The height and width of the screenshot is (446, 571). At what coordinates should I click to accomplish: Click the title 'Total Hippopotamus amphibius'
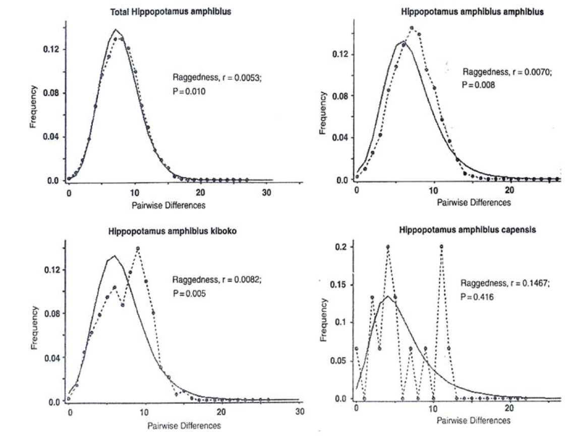coord(170,12)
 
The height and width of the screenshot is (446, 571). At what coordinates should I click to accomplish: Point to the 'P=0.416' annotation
coord(477,297)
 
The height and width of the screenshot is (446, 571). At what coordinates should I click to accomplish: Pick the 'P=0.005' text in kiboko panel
coord(189,293)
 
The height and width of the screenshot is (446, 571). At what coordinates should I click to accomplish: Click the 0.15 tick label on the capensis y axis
coord(336,285)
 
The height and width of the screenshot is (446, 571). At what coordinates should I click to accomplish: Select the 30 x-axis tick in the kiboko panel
coord(299,412)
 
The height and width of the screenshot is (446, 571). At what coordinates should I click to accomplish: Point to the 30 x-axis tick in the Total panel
coord(267,192)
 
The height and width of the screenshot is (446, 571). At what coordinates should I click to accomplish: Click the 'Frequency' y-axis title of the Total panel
coord(33,106)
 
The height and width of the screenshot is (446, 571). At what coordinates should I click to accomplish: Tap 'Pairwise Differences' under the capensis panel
coord(473,420)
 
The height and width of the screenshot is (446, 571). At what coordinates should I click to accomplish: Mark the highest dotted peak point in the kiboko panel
coord(138,248)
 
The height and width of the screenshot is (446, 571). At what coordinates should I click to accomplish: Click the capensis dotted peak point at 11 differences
coord(441,247)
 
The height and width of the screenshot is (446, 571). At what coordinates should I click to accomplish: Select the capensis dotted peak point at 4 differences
coord(388,247)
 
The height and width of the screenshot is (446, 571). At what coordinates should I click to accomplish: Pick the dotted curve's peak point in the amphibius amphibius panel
coord(412,28)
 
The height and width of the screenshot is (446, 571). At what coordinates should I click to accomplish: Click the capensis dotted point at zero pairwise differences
coord(357,348)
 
